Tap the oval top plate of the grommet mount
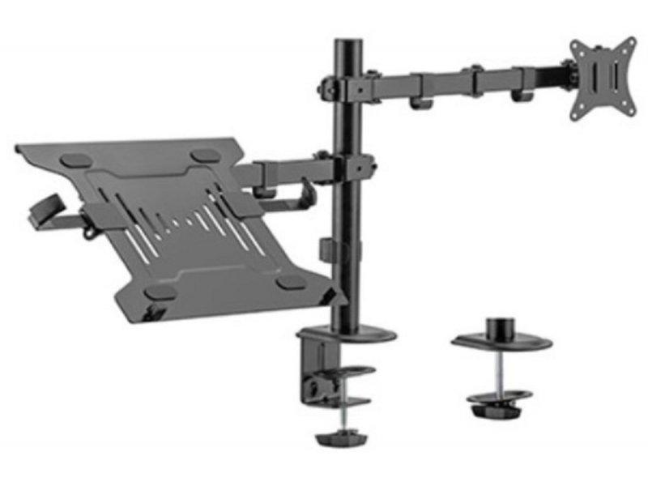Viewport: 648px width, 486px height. (502, 341)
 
